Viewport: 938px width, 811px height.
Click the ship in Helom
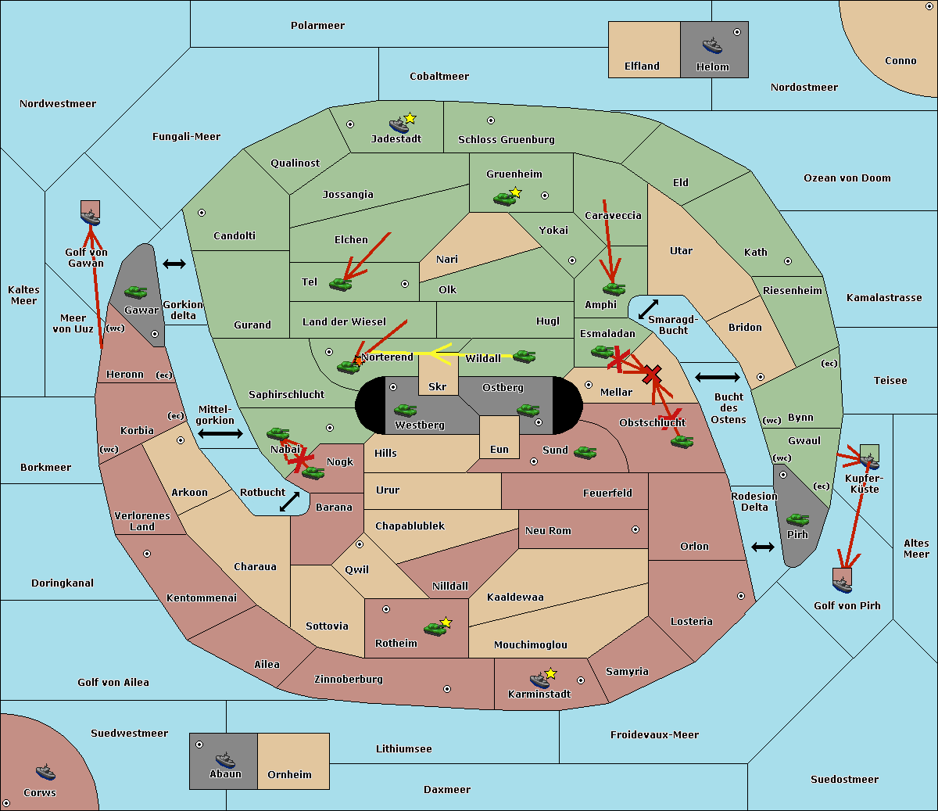[x=712, y=45]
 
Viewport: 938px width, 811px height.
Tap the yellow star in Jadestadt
[x=410, y=119]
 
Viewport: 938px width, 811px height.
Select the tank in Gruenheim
[x=504, y=199]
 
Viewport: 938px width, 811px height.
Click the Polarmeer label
[x=317, y=26]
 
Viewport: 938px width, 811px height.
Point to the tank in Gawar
[x=136, y=292]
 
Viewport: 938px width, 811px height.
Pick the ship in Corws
[x=45, y=772]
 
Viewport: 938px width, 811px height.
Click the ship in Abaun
[x=225, y=759]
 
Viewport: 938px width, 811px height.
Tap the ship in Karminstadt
[x=539, y=680]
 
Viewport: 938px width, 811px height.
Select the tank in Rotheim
[x=435, y=629]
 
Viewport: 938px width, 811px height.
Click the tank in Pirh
[x=797, y=519]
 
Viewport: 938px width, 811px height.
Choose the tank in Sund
[x=585, y=452]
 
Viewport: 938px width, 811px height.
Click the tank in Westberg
[x=405, y=411]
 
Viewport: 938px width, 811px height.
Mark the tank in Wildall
[x=524, y=357]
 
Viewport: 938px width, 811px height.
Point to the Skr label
[x=438, y=386]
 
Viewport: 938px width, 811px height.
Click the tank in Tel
[x=340, y=285]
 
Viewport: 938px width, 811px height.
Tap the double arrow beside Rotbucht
[x=289, y=501]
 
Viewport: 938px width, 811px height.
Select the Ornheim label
[x=289, y=774]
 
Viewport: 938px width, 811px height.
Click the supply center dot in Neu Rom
[x=635, y=529]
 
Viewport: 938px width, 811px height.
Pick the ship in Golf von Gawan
[x=91, y=217]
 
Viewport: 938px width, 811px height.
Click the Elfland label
[x=642, y=66]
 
